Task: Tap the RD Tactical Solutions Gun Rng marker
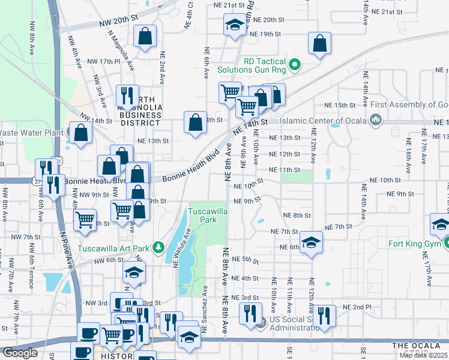pos(295,64)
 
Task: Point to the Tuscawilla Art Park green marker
pos(158,247)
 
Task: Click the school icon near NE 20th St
pos(233,25)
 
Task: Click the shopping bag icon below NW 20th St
pos(145,36)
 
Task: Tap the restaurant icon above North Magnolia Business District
pos(127,95)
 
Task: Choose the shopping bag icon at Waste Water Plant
pos(79,133)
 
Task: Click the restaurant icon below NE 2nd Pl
pos(325,316)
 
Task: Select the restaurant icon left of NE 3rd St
pos(250,313)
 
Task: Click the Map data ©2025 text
pos(423,355)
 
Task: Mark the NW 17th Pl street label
pos(104,61)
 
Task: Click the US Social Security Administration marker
pos(260,325)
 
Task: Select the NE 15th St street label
pos(347,105)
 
